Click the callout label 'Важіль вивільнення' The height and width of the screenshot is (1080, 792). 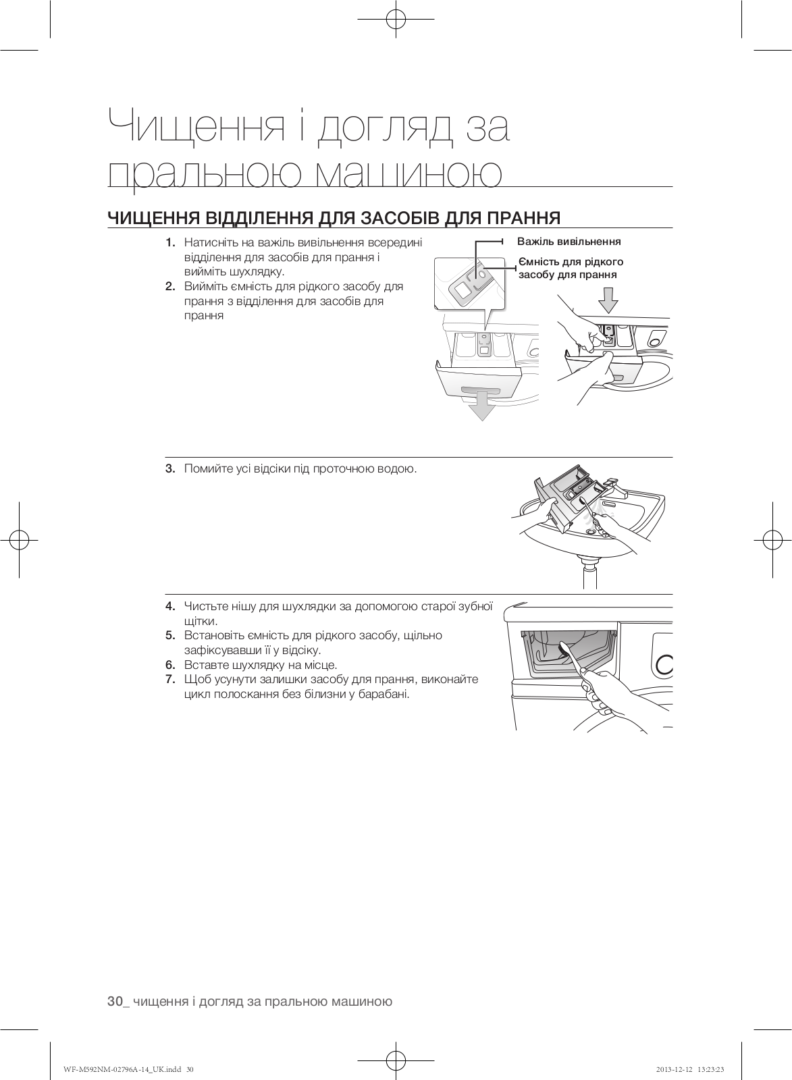pos(569,241)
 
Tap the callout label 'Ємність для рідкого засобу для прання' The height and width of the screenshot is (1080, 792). pos(571,268)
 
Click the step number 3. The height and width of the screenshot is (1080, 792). pos(170,468)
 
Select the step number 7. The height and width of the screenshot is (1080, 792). pos(170,679)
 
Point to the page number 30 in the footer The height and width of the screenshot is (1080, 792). pos(115,1001)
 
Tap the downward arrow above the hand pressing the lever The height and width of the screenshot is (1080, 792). pos(608,300)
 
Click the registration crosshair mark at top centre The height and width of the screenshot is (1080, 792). pos(396,21)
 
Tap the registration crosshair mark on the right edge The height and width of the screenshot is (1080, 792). pos(772,539)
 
